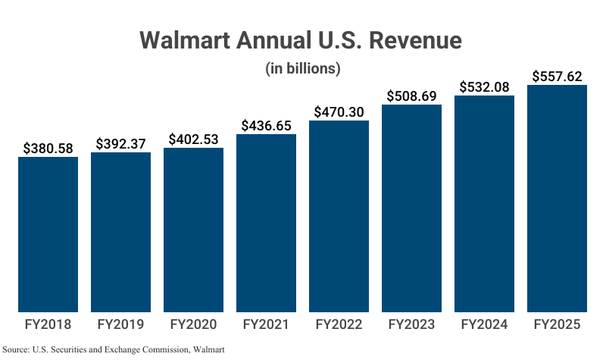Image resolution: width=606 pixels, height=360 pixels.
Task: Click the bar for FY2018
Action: pos(48,234)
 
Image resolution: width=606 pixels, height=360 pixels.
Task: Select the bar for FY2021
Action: pos(266,223)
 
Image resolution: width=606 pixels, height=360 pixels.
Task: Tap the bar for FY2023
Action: pos(411,208)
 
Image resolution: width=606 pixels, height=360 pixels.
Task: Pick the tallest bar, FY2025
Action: pos(557,198)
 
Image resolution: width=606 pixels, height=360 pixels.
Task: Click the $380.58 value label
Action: pos(48,149)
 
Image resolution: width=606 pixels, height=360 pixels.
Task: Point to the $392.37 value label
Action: pos(120,144)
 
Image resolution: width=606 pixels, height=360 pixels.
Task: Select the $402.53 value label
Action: pos(193,139)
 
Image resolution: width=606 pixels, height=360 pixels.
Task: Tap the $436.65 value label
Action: pos(266,126)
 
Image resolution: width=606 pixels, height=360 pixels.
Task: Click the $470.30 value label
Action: pos(339,112)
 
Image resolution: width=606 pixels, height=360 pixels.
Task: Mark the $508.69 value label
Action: pos(411,96)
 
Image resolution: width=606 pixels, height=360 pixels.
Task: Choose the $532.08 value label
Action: pos(484,87)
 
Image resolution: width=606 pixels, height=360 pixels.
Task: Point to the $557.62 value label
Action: pos(557,77)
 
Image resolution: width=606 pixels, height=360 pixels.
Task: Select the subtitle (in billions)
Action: pos(302,68)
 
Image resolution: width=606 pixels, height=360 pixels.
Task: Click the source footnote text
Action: pos(114,349)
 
